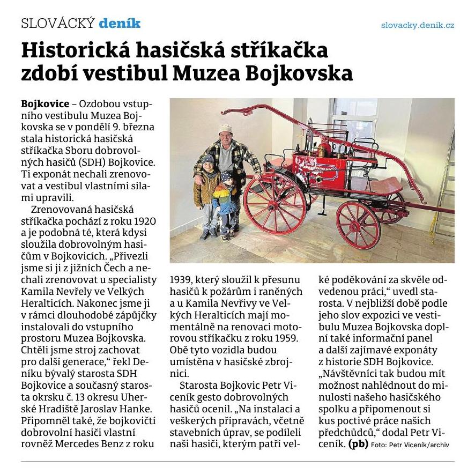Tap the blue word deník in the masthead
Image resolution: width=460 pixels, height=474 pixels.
tap(120, 23)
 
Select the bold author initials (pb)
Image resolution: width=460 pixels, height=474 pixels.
tap(358, 444)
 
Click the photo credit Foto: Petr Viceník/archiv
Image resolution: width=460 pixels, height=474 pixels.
tap(410, 445)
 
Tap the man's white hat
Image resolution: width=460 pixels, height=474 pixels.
tap(226, 129)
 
